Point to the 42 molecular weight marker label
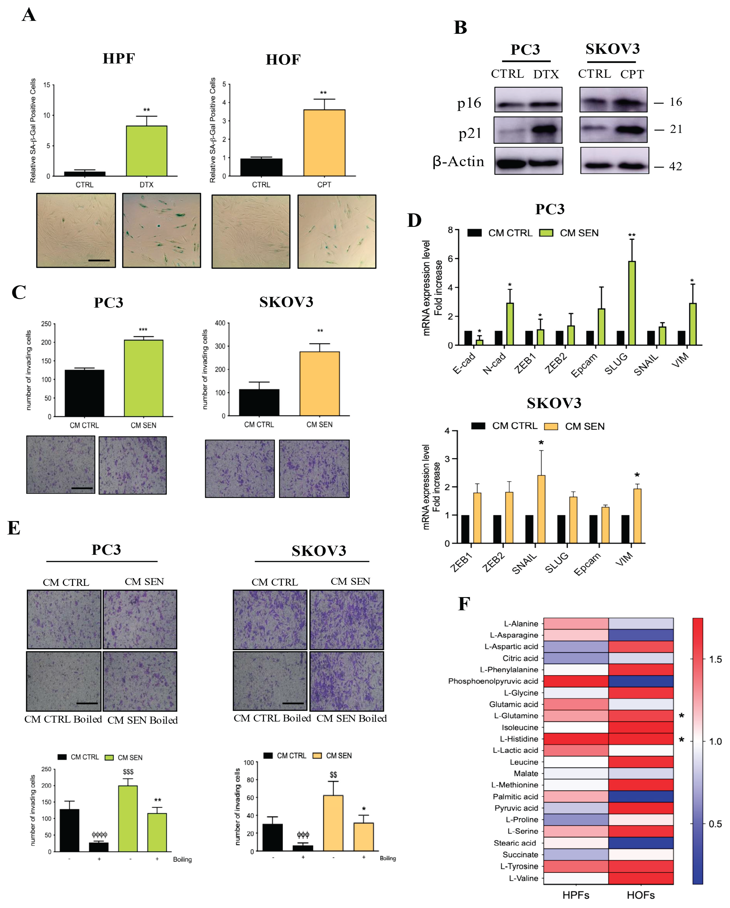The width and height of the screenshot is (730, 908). click(675, 166)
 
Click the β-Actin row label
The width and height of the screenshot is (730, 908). click(458, 161)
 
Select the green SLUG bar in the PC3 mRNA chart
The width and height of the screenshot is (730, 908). click(631, 303)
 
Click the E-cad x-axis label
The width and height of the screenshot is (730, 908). click(464, 363)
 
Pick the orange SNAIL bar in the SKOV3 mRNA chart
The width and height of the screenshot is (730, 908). click(541, 509)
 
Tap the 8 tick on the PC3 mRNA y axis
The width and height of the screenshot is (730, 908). click(450, 230)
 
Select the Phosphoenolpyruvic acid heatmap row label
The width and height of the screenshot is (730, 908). click(493, 681)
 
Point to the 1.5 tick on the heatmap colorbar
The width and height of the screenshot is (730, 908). click(715, 659)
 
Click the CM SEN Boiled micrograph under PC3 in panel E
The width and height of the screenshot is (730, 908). click(140, 681)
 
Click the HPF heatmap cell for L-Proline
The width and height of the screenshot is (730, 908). click(575, 820)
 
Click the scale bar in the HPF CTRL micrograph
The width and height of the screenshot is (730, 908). click(99, 260)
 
